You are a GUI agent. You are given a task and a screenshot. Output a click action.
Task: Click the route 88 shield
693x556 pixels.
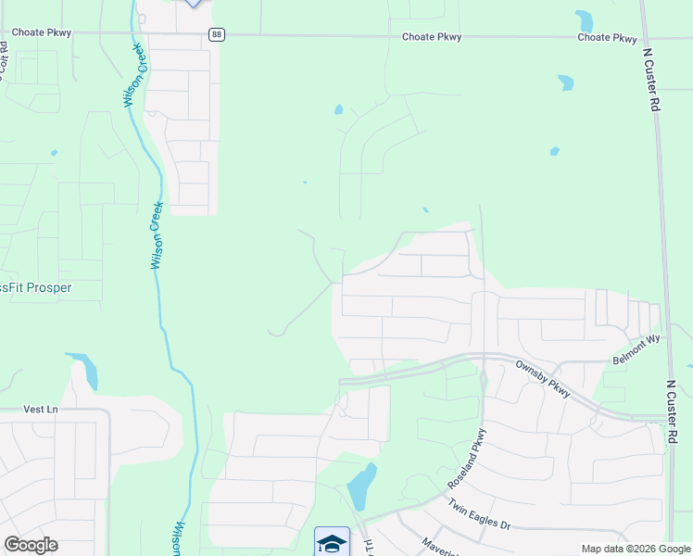click(216, 34)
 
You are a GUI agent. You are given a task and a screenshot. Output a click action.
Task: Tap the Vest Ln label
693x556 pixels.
click(40, 409)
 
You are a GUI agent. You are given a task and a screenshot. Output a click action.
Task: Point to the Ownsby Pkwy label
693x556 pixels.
click(546, 378)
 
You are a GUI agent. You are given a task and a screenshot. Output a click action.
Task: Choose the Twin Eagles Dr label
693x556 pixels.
click(480, 515)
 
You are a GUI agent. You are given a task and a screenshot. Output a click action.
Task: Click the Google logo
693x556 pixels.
click(31, 545)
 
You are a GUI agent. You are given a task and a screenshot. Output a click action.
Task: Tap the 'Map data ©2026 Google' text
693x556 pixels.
click(636, 549)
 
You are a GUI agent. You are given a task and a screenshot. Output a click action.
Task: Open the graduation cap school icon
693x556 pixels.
click(332, 541)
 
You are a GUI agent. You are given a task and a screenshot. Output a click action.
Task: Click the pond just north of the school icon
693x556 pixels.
click(361, 486)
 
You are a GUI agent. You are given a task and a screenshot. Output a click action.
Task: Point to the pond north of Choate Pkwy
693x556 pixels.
click(584, 20)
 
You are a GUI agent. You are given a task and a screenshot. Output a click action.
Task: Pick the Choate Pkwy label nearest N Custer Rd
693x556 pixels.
click(607, 38)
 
